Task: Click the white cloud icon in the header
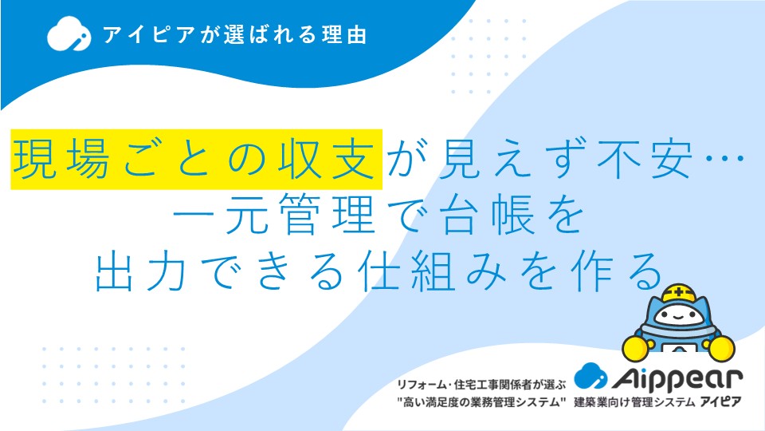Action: (x=69, y=34)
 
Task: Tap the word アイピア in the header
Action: (x=149, y=34)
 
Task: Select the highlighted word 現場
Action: (x=61, y=159)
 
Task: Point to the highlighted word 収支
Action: (x=327, y=159)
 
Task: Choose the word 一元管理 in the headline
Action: (x=274, y=215)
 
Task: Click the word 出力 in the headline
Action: (x=141, y=271)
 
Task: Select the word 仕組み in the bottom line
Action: (x=432, y=271)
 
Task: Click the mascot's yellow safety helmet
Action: (x=679, y=294)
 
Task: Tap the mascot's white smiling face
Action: (x=679, y=317)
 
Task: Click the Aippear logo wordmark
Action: (x=677, y=378)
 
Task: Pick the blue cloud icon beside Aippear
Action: (x=590, y=376)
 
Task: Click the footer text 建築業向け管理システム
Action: (x=634, y=402)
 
